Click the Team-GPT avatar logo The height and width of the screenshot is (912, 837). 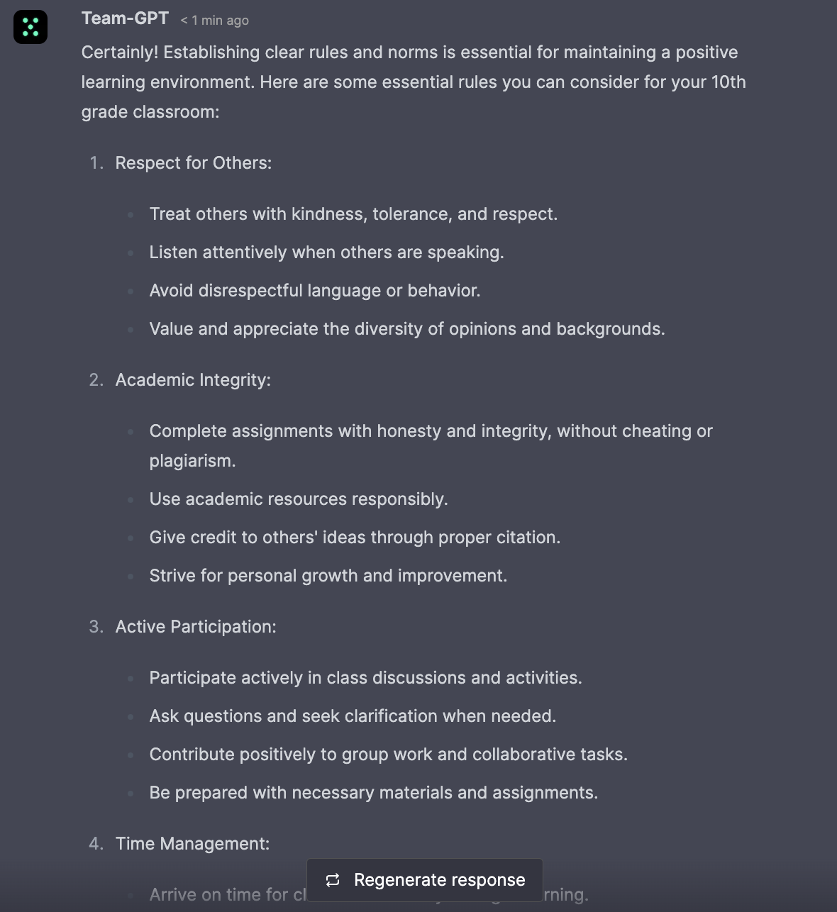(31, 27)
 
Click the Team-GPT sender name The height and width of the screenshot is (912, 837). (125, 18)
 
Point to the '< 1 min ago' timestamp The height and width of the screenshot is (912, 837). (214, 21)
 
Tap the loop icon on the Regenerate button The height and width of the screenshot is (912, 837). (333, 880)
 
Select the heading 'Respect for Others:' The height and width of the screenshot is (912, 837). (194, 163)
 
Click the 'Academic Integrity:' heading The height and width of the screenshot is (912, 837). (193, 380)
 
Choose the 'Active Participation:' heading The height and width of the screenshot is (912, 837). (196, 627)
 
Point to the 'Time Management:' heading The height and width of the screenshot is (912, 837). (192, 844)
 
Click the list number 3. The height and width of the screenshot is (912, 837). (96, 627)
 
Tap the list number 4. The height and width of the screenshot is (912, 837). (96, 844)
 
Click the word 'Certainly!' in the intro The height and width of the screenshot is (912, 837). (120, 52)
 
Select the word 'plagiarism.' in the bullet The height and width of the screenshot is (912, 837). (192, 461)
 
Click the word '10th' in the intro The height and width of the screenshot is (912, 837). (728, 82)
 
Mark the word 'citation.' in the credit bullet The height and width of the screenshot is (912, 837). (528, 538)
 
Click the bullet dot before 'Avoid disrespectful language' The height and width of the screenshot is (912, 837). (131, 291)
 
